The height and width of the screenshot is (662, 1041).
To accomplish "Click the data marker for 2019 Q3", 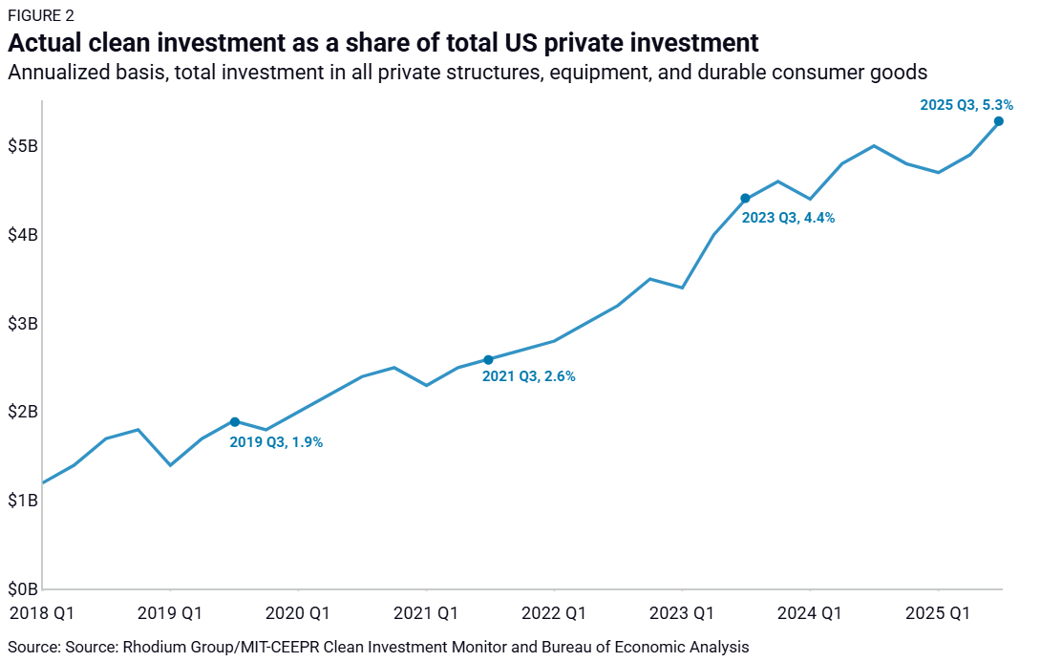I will point(235,422).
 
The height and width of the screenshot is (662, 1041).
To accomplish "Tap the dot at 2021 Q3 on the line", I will point(488,360).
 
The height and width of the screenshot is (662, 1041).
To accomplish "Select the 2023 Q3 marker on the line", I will point(745,199).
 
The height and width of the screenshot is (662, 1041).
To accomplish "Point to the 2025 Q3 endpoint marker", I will point(998,121).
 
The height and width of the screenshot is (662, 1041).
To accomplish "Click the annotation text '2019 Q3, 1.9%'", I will point(276,442).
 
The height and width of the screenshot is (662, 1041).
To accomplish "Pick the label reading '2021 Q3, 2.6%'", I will point(529,376).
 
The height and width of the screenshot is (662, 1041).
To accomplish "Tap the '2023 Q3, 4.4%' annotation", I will point(788,217).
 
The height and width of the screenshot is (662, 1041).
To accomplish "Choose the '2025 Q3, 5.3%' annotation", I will point(966,105).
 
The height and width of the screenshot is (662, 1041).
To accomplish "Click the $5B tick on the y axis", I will point(23,146).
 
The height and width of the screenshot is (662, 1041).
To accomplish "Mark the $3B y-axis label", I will point(23,324).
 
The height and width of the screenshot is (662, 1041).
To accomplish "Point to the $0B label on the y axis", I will point(23,589).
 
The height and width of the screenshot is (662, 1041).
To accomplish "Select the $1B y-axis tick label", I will point(23,501).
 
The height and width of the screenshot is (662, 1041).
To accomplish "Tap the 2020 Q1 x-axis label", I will point(297,612).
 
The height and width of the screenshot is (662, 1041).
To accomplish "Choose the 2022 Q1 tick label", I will point(553,612).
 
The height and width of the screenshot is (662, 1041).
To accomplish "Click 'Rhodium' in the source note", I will point(153,647).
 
